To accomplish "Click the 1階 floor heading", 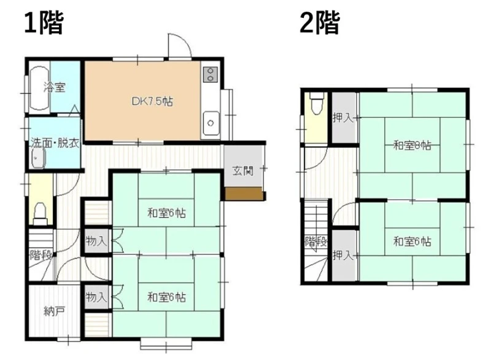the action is click(44, 23).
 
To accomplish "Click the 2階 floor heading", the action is click(320, 23).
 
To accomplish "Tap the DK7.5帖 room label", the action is click(152, 101).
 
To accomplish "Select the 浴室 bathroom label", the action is click(55, 87).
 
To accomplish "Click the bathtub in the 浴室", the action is click(39, 88).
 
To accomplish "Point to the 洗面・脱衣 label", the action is click(55, 143).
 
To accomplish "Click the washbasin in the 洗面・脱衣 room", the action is click(39, 158).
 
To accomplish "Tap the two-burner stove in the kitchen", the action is click(211, 74).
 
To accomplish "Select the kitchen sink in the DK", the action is click(211, 123).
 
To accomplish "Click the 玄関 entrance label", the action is click(242, 171).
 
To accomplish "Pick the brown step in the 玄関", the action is click(244, 194).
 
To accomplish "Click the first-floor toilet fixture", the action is click(40, 213).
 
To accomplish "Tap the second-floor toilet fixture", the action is click(315, 103).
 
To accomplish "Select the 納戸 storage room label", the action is click(55, 311).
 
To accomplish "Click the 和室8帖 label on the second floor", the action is click(412, 146).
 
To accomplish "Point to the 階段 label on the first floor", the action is click(41, 256).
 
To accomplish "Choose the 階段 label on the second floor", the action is click(316, 241).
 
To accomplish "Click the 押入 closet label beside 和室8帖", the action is click(343, 118).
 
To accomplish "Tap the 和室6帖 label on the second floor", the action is click(412, 241).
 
